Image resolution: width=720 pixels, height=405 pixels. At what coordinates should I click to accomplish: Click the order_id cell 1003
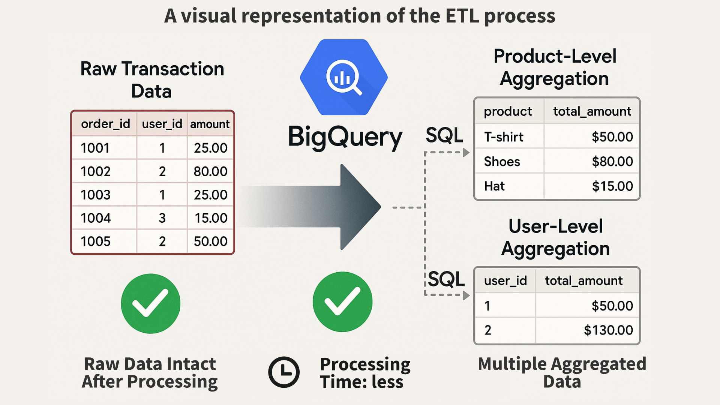point(96,195)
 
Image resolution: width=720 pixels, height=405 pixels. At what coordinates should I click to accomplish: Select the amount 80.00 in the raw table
point(210,171)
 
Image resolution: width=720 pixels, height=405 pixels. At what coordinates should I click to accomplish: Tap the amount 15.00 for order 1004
point(211,218)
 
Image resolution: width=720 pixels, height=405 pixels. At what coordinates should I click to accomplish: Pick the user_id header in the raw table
point(162,124)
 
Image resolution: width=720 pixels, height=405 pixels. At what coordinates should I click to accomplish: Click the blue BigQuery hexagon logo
point(344,77)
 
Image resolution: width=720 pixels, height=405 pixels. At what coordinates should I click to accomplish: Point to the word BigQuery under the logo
point(345,137)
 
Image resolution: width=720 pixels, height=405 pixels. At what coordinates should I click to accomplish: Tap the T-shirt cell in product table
point(504,137)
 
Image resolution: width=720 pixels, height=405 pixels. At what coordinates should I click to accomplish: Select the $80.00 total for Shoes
point(612,162)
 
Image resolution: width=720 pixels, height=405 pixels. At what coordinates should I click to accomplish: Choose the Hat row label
point(494,186)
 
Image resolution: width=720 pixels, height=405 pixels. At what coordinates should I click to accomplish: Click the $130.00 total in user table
point(608,330)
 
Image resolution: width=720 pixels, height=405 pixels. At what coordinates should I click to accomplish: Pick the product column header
point(508,112)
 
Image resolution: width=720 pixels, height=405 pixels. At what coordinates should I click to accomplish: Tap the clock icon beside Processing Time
point(284,372)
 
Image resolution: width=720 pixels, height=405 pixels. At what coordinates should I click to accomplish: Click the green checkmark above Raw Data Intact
point(151,303)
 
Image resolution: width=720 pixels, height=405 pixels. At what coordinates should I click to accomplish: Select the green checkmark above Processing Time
point(343,302)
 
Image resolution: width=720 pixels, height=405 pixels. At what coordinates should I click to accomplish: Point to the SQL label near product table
point(444,135)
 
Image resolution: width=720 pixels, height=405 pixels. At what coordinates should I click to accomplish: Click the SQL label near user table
point(446,279)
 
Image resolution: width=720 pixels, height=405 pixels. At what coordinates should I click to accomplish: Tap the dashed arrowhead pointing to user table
point(466,295)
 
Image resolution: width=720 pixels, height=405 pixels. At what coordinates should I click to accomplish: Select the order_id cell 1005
point(96,241)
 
